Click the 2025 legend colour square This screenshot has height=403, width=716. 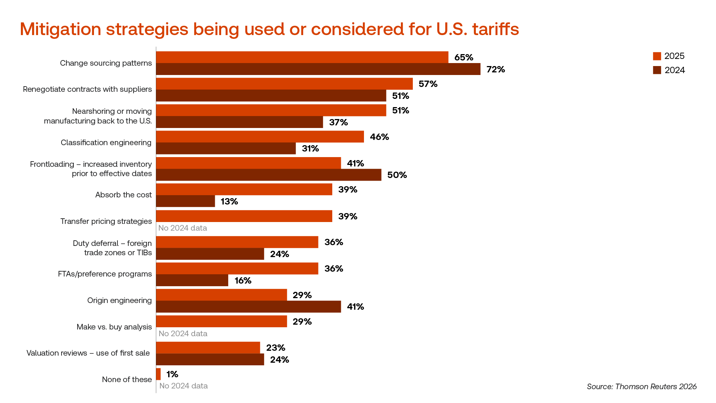657,56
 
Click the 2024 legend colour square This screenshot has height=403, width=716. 657,70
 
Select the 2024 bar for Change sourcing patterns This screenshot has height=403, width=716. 318,69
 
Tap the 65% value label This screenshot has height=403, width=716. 464,57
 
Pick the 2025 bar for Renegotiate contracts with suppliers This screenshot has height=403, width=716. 284,84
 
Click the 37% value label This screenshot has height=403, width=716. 338,122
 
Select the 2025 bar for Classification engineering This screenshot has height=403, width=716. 260,137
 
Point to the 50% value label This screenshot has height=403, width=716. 397,175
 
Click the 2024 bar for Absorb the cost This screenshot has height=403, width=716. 185,201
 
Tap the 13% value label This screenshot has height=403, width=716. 229,201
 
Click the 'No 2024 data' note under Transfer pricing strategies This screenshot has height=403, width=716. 182,228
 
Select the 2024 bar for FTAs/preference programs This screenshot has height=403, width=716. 192,281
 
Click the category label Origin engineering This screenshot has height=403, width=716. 119,300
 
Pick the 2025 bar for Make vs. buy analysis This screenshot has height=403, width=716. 221,322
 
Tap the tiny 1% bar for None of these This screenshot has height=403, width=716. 158,374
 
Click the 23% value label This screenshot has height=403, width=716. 276,348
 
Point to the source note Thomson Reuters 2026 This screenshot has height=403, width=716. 641,387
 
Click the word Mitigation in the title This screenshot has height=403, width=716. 60,29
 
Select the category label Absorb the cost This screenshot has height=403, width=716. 123,195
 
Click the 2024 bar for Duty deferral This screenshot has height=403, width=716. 210,254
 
